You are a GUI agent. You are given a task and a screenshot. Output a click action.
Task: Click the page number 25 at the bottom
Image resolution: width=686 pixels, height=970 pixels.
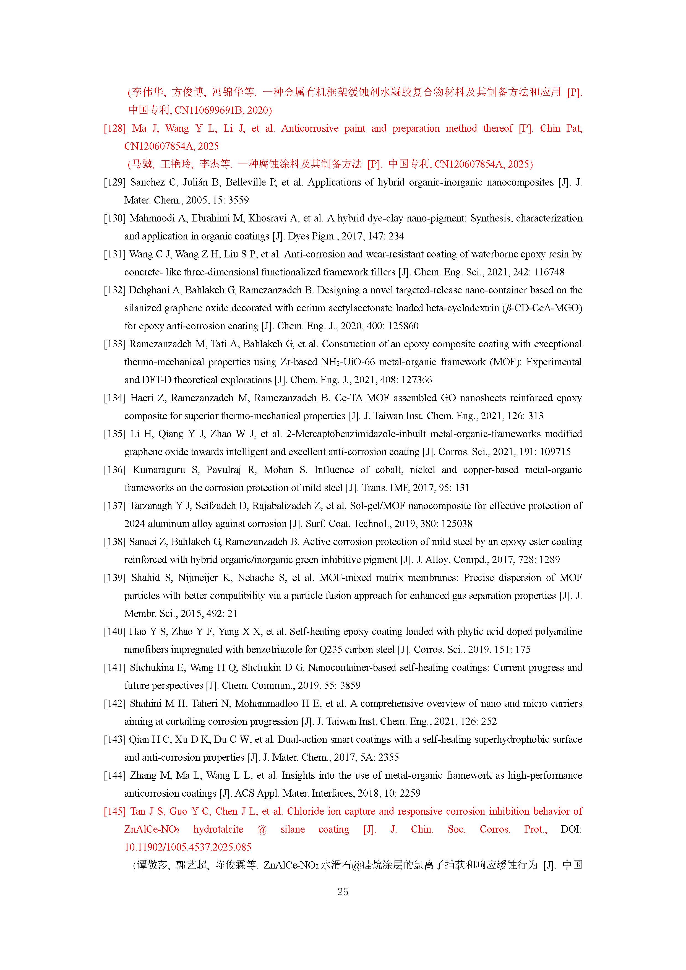click(343, 891)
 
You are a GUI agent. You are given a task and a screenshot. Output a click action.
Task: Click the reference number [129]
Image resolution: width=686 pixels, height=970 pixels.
click(114, 182)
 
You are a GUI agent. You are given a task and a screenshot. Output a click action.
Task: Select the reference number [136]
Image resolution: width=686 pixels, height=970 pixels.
click(114, 470)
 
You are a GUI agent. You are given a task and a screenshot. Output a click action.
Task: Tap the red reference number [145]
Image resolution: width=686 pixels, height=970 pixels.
click(114, 811)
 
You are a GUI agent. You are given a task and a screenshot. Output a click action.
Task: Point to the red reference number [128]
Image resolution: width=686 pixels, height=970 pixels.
click(114, 128)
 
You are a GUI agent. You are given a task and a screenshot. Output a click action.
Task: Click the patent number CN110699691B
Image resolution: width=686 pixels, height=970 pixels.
click(209, 110)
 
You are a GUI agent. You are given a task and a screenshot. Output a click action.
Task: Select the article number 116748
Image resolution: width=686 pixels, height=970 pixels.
click(549, 272)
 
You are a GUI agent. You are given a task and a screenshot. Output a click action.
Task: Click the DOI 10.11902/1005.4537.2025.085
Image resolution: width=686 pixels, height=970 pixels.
click(187, 847)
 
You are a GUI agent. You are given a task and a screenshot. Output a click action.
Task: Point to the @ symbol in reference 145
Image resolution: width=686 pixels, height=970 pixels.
click(262, 829)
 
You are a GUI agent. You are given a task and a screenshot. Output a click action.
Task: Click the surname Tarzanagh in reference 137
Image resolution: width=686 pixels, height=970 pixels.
click(151, 506)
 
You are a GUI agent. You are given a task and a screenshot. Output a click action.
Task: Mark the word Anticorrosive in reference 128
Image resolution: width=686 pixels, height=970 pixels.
click(310, 128)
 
